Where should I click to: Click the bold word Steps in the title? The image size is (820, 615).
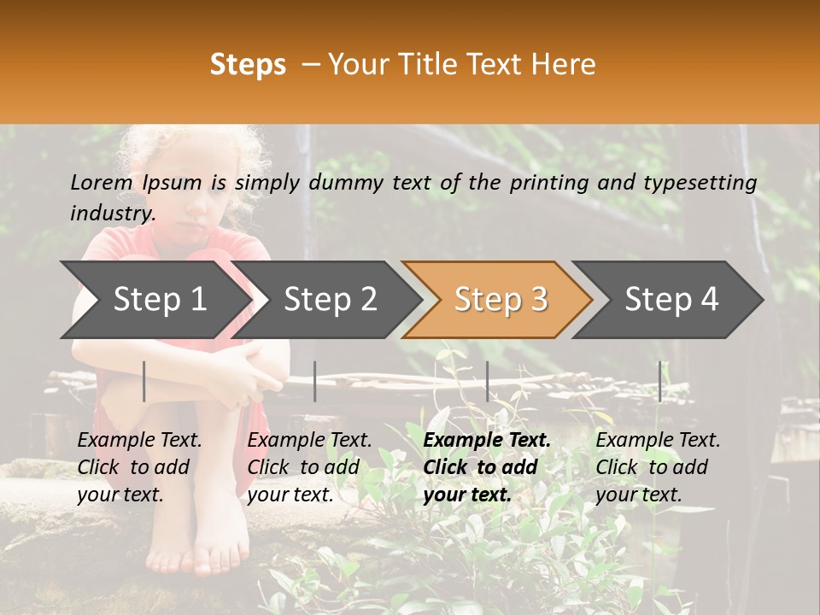point(248,65)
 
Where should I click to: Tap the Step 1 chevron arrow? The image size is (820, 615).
point(154,300)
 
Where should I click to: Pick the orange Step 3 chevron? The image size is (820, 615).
point(500,300)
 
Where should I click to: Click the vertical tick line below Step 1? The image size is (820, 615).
point(144,381)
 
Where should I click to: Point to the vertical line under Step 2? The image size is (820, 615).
point(315,381)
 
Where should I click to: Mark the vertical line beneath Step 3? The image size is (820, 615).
point(488,381)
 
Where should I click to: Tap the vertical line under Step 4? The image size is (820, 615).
point(659,381)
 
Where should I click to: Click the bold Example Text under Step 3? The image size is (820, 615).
point(487,441)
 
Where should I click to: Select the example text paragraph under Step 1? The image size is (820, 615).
point(139,467)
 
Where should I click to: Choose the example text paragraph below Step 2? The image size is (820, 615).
point(309,467)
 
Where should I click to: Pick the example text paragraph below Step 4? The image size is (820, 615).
point(658,467)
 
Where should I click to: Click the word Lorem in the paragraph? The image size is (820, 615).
point(102,182)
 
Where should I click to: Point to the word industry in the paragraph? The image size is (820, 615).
point(112,213)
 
